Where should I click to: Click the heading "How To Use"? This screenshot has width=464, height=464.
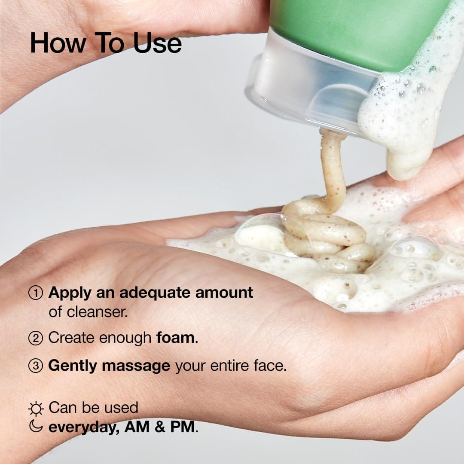106,43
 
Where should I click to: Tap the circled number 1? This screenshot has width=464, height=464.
35,293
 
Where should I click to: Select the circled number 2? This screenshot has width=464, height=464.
35,338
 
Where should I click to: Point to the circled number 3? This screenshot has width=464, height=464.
35,366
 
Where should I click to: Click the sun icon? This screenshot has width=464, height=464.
36,409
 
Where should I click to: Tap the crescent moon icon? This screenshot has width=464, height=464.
36,427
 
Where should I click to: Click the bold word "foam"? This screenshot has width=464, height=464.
175,338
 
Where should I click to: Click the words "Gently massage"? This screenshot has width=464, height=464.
109,366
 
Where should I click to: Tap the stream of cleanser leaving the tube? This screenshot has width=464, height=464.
333,168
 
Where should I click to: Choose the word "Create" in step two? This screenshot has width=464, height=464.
71,338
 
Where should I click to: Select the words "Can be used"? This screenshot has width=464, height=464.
93,408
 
